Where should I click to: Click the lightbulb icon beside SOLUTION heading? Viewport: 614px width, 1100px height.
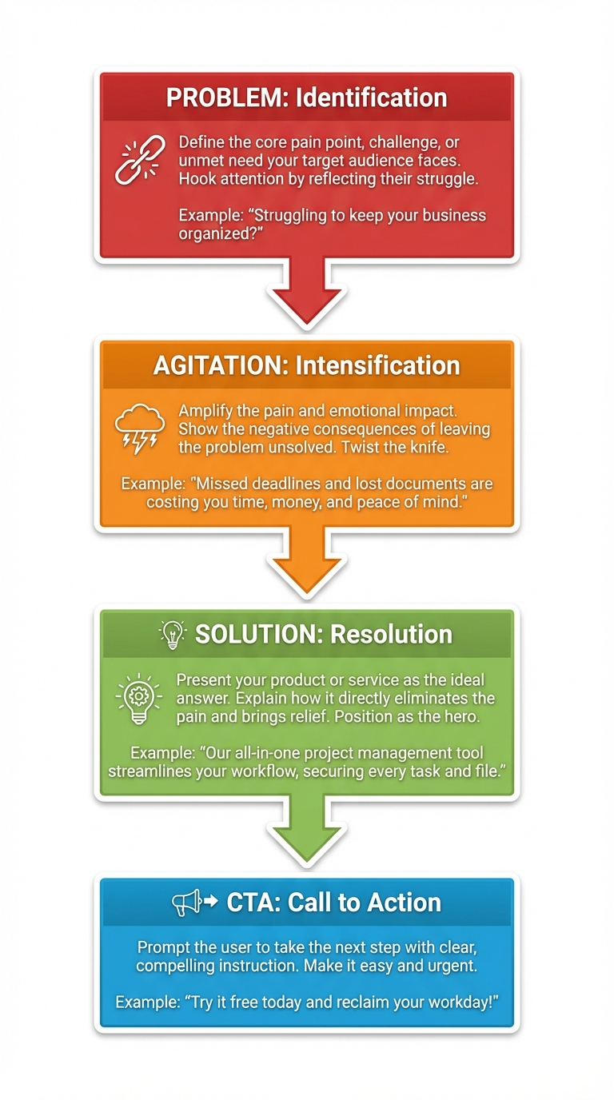pos(172,634)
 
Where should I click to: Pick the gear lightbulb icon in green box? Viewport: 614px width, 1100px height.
pos(140,698)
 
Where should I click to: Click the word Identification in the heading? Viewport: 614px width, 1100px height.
pos(371,98)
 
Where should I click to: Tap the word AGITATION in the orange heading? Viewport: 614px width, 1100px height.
pos(221,366)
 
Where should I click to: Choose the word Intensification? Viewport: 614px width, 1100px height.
pos(377,366)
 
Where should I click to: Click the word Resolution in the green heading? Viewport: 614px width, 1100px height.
pos(391,634)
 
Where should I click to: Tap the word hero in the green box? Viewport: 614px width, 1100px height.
pos(459,716)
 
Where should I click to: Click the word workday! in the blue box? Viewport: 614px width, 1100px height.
pos(456,1002)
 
